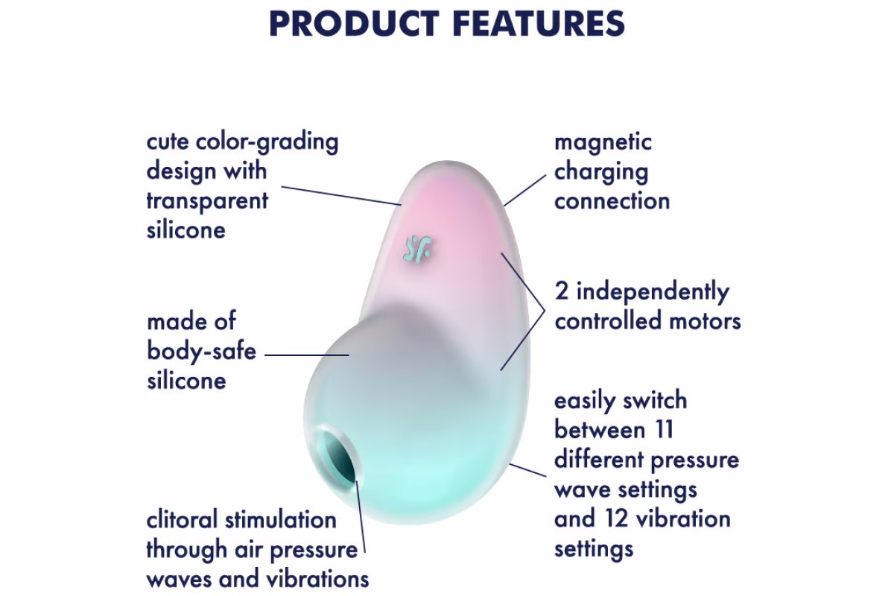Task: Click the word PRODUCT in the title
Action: [x=355, y=23]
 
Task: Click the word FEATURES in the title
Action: [x=539, y=23]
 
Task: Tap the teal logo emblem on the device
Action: [x=418, y=250]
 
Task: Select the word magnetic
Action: [x=603, y=143]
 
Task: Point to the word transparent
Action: [x=207, y=200]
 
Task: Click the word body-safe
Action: [x=202, y=352]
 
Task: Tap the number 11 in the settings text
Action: [x=662, y=430]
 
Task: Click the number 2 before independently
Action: [x=562, y=291]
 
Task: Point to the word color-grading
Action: [x=267, y=142]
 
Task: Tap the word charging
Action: [x=601, y=173]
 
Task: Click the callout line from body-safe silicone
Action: [x=307, y=355]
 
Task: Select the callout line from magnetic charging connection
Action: [x=524, y=191]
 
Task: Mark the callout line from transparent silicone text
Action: [x=341, y=196]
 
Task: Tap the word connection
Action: [x=612, y=201]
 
